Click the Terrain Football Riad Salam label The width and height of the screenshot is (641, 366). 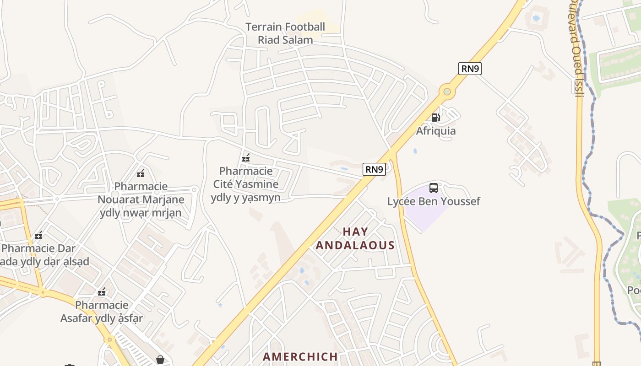point(285,33)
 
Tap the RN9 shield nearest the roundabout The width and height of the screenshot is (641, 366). point(470,69)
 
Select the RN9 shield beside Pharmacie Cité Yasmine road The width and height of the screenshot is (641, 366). point(374,169)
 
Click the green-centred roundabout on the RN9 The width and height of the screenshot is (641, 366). point(447,92)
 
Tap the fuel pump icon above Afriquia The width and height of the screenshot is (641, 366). point(435,118)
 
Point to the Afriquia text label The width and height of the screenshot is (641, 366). point(435,131)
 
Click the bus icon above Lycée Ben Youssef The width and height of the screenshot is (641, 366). point(433,188)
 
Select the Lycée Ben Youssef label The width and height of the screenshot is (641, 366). point(433,201)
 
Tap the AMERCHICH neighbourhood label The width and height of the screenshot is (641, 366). point(300,356)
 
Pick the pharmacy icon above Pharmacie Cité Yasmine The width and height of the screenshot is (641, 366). point(246,158)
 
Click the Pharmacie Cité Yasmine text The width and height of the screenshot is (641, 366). point(246,184)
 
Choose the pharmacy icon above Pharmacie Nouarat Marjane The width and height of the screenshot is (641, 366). point(141,173)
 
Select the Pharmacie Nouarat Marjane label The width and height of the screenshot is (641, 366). point(141,199)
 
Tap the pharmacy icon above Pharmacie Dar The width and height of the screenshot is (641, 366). point(38,236)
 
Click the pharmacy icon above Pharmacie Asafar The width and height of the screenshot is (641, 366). point(102,292)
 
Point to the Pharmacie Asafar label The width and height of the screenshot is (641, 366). point(102,312)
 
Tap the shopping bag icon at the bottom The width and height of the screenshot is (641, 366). point(160,360)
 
